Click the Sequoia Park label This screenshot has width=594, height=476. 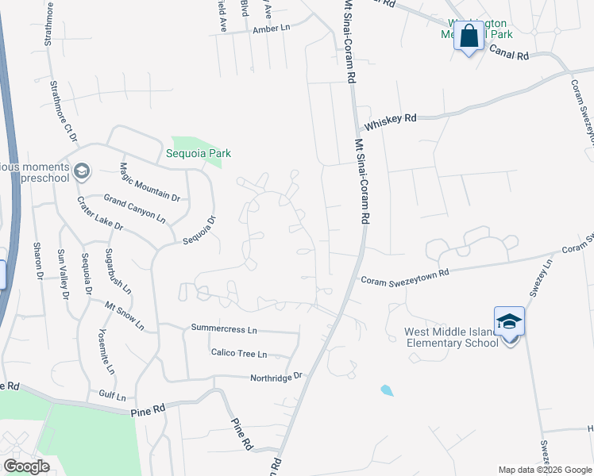point(199,153)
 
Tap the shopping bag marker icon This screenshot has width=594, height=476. point(469,36)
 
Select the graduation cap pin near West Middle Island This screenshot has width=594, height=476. point(509,322)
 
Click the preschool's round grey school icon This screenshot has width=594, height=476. point(82,171)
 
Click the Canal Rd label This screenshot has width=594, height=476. point(509,56)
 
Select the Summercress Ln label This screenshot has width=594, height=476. point(224,328)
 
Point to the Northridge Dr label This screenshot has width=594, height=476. point(276,377)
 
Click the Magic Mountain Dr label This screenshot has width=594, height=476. point(149,182)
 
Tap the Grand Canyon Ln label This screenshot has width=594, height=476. point(135,206)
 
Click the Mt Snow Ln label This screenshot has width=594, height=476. point(125,314)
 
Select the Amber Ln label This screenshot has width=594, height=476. point(272,29)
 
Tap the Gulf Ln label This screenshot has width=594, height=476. point(112,394)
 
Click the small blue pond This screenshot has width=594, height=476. point(386,390)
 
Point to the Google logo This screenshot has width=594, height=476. point(26,466)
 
